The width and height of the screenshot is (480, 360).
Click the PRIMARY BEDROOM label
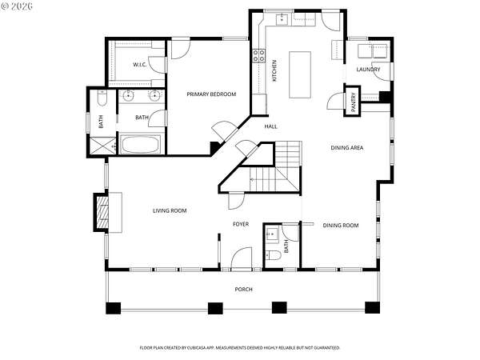coord(211,94)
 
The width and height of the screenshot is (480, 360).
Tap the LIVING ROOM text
coord(170,210)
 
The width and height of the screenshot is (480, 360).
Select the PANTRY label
coord(354,102)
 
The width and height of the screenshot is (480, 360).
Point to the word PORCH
coord(244,290)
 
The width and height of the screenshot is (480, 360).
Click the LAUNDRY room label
coord(368,70)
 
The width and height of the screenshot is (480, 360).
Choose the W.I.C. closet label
coord(139,65)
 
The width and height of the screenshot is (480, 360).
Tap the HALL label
coord(271,126)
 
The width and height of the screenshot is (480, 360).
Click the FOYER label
coord(241,224)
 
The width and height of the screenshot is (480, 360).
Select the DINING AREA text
coord(347,148)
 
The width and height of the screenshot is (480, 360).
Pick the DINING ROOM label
coord(341,226)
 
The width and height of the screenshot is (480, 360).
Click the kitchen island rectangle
coord(300,74)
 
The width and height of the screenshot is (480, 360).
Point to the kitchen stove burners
coord(258,55)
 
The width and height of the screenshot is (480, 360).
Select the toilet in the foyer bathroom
coord(274,255)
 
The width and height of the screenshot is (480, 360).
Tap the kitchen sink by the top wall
coord(282,19)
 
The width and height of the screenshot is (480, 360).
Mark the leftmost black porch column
coord(114,308)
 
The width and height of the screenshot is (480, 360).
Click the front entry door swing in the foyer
coord(242,259)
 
